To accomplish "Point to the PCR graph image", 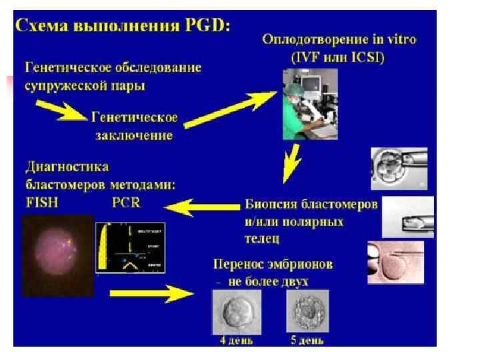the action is (131, 247).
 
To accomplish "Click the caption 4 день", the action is (237, 341).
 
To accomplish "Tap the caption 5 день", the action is (307, 341).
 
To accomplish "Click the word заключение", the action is (132, 135).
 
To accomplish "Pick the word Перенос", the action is (238, 265).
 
